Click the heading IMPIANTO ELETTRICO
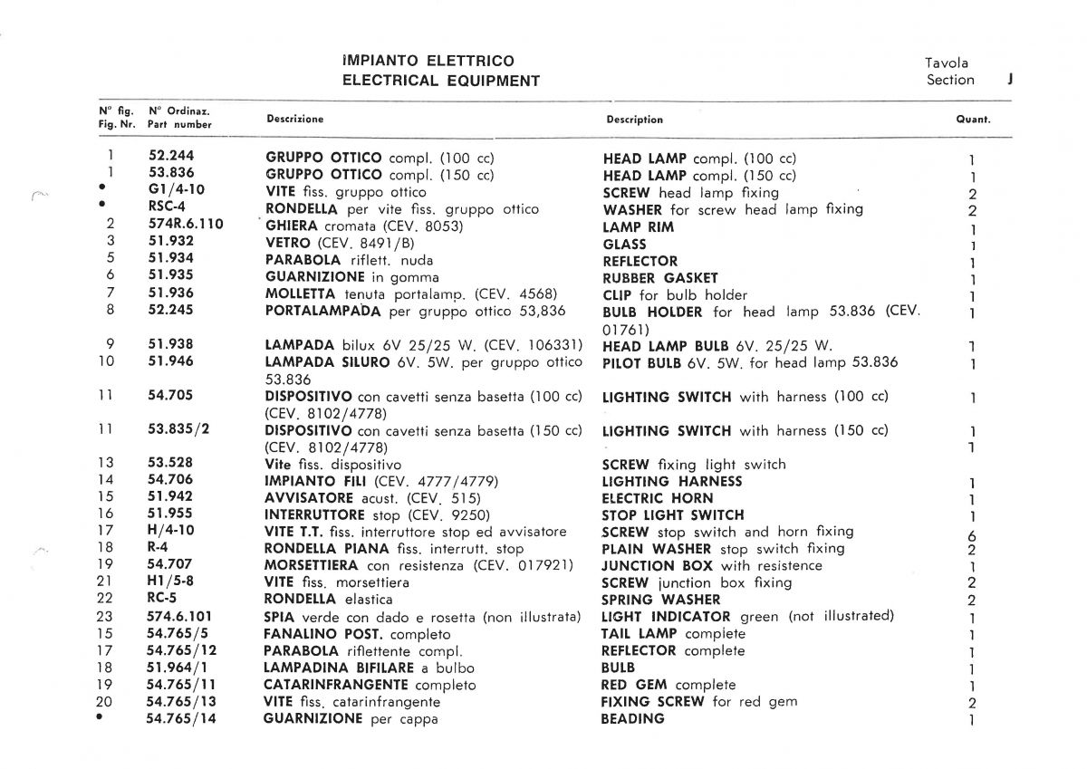tap(428, 61)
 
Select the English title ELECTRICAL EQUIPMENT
tap(440, 81)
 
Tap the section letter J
tap(1009, 79)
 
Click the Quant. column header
tap(973, 120)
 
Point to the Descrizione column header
tap(294, 119)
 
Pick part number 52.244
tap(171, 157)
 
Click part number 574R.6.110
tap(185, 224)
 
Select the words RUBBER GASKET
tap(659, 278)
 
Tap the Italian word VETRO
tap(289, 243)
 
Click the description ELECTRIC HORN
tap(657, 498)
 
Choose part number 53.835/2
tap(178, 429)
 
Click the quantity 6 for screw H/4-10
tap(971, 534)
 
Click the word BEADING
tap(632, 718)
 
